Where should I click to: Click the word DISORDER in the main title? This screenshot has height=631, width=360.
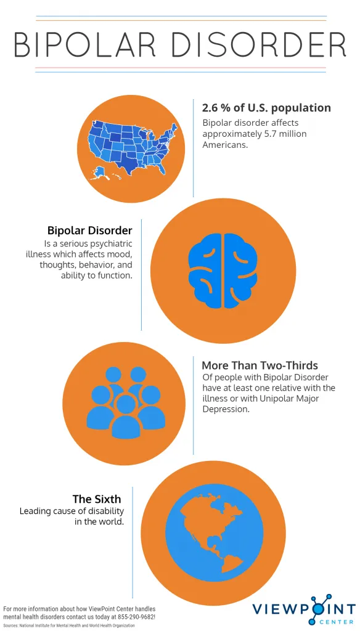258,44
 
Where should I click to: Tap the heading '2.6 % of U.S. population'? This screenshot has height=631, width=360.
266,108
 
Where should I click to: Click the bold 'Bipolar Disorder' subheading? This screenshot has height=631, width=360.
90,230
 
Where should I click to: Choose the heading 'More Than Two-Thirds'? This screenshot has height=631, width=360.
260,365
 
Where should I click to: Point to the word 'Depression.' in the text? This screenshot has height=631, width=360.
226,410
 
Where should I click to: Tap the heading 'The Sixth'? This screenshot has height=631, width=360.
97,499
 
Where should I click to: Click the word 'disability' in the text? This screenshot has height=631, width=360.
104,511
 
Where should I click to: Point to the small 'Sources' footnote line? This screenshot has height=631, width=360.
69,626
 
